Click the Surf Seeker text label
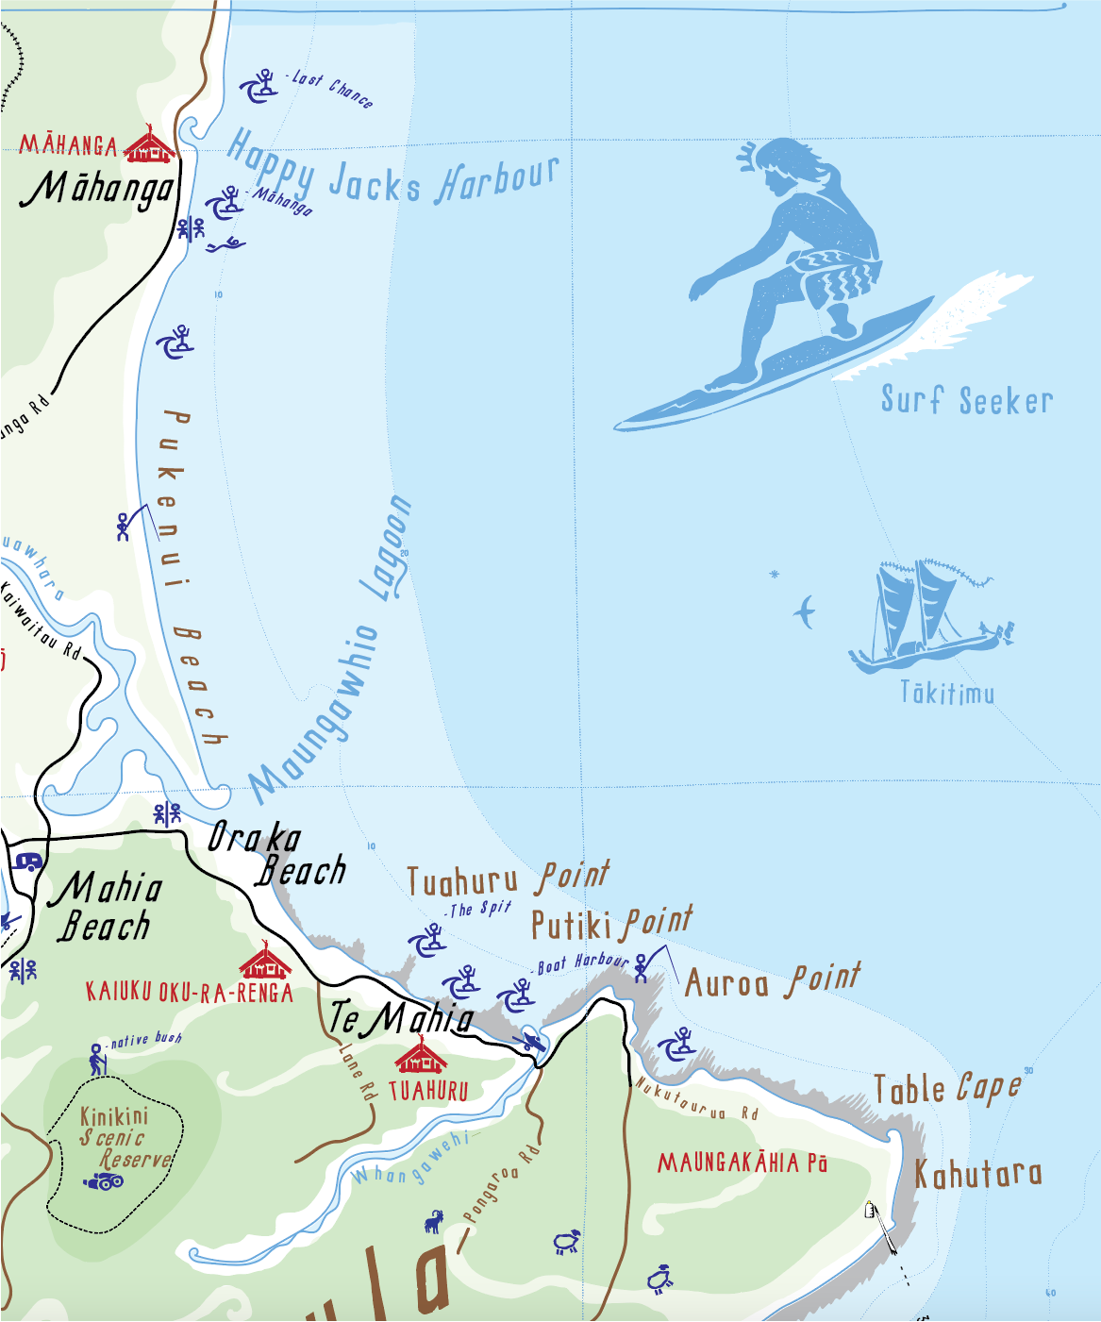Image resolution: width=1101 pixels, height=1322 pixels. (x=966, y=400)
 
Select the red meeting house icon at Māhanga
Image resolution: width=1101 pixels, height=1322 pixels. (x=150, y=145)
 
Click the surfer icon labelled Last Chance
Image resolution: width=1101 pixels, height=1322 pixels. (x=259, y=86)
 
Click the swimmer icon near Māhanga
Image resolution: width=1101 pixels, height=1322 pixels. (x=225, y=246)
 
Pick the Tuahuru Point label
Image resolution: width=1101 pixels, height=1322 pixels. (x=508, y=879)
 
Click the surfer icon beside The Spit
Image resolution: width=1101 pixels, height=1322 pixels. (x=427, y=941)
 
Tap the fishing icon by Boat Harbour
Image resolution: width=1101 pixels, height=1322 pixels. (x=643, y=966)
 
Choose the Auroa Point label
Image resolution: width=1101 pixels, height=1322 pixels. (x=772, y=982)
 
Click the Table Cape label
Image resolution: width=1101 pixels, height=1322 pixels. (x=946, y=1089)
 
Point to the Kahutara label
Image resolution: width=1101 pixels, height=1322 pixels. (x=978, y=1175)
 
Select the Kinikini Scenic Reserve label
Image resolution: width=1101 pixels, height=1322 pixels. (x=125, y=1137)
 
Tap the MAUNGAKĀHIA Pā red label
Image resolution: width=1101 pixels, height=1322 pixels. (x=742, y=1163)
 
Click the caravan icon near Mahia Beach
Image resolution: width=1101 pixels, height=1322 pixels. (x=28, y=862)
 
